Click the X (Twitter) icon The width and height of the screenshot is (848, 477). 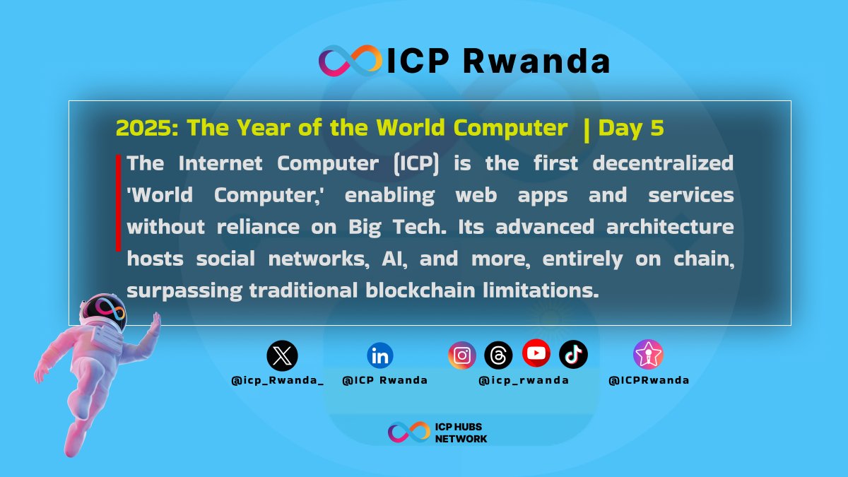(x=282, y=356)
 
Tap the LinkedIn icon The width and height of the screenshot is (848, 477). (x=380, y=356)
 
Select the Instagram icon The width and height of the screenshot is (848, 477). (x=462, y=355)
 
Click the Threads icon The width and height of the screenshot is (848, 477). (x=498, y=355)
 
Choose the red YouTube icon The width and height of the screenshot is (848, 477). (x=536, y=353)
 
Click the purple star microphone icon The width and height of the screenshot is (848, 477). (x=648, y=355)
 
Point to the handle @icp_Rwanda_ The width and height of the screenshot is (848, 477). (x=278, y=380)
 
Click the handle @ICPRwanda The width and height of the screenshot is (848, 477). (x=649, y=380)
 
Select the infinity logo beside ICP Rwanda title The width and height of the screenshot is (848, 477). (x=350, y=61)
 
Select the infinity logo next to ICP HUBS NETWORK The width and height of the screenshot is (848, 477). (x=408, y=432)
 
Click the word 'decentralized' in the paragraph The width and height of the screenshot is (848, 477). (x=663, y=163)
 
